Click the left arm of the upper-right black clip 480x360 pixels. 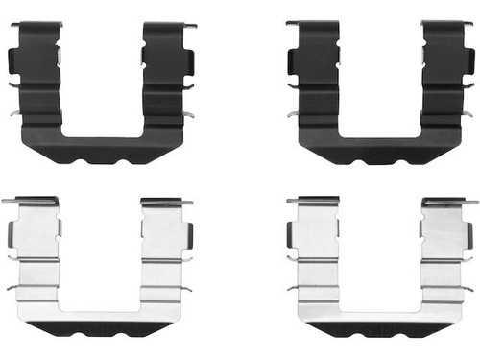316,77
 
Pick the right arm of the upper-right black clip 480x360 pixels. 444,77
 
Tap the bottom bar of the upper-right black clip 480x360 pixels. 380,146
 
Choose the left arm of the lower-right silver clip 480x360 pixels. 316,254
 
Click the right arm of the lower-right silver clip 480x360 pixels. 444,254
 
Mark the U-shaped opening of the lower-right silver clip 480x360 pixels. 380,259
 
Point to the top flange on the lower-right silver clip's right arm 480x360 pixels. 446,202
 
